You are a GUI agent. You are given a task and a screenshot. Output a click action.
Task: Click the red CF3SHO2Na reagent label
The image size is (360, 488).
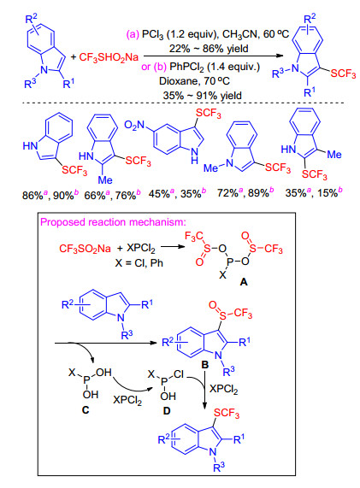click(109, 57)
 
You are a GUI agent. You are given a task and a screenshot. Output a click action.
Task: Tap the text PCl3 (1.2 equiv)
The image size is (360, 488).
click(179, 34)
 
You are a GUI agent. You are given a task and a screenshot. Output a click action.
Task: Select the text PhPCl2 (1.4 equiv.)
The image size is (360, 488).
click(215, 67)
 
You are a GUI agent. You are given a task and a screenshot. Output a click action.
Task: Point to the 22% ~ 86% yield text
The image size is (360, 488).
click(209, 49)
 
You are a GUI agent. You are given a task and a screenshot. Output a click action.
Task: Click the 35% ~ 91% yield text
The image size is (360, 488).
click(202, 95)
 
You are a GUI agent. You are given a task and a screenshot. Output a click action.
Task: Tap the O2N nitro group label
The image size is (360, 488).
click(134, 126)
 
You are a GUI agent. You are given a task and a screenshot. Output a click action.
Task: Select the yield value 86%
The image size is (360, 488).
click(32, 196)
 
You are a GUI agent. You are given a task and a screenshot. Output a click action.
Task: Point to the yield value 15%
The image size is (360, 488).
click(328, 193)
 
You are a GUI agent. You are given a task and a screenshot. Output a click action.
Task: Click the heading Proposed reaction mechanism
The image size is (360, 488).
click(113, 222)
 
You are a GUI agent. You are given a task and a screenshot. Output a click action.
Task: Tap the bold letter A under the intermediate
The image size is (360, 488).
click(244, 282)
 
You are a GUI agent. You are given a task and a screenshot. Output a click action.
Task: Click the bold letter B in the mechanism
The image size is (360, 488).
click(204, 364)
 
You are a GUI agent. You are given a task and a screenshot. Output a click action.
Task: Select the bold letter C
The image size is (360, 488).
click(86, 410)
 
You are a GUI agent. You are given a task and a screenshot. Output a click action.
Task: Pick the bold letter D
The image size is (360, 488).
click(167, 411)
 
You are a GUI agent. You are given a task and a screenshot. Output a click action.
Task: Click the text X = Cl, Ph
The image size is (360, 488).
click(139, 263)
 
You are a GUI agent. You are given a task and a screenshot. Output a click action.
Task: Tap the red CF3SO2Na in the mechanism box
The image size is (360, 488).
click(85, 249)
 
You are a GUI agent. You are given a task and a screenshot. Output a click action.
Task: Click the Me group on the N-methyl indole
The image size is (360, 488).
click(211, 168)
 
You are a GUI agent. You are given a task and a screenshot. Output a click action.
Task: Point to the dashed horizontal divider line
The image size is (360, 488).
click(184, 103)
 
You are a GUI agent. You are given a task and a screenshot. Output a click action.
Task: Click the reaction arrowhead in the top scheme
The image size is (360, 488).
click(280, 56)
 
